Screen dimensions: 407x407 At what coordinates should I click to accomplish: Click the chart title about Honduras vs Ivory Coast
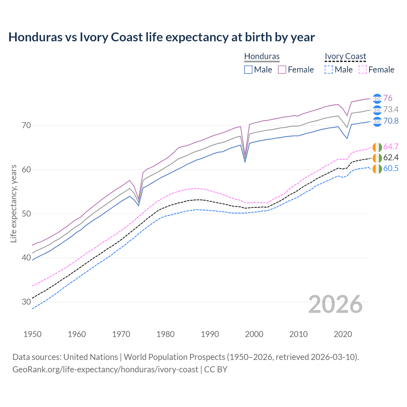tap(162, 37)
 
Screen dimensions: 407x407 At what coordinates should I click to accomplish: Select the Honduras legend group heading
tap(262, 56)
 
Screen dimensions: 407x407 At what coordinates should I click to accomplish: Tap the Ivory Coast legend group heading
tap(345, 56)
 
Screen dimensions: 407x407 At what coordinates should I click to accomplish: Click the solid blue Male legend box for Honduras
tap(248, 70)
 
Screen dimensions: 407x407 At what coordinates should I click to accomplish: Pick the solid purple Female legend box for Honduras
tap(282, 70)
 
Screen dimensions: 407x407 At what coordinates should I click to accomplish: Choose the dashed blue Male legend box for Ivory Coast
tap(329, 70)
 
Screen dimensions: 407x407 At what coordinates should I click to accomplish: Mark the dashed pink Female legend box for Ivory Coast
tap(363, 70)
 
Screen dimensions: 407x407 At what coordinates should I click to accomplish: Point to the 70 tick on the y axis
tap(26, 125)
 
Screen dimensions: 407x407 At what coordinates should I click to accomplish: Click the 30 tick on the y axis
tap(26, 302)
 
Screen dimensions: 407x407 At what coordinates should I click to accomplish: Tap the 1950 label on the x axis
tap(32, 334)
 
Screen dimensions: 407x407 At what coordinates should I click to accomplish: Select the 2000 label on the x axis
tap(254, 334)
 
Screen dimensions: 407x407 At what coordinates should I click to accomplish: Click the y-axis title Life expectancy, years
tap(13, 203)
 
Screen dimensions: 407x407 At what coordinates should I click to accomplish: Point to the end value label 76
tap(388, 98)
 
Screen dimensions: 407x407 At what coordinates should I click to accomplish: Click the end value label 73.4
tap(391, 110)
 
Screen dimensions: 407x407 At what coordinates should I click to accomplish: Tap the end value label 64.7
tap(391, 147)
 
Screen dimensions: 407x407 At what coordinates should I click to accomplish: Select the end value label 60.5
tap(391, 169)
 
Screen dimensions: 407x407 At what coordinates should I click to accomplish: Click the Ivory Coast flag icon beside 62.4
tap(377, 158)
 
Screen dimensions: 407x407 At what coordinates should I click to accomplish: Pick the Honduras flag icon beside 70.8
tap(377, 121)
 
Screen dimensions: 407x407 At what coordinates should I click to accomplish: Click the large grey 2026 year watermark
tap(335, 304)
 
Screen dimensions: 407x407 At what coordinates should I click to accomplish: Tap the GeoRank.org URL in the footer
tap(105, 369)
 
